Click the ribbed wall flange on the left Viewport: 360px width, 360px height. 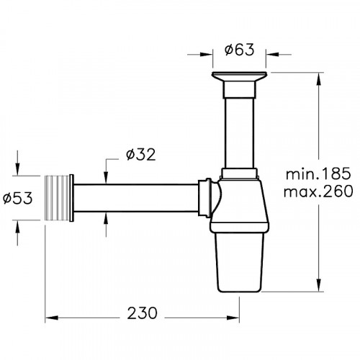click(x=60, y=195)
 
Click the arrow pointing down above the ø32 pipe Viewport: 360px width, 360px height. click(x=107, y=179)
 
